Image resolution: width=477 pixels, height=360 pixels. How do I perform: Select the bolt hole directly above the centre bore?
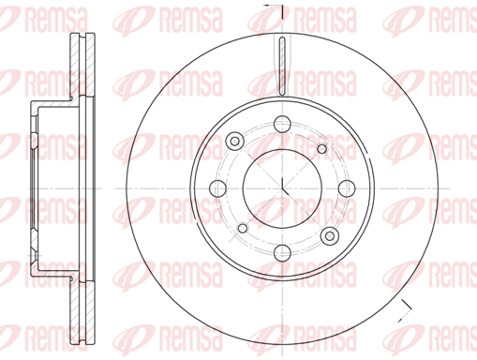point(282,124)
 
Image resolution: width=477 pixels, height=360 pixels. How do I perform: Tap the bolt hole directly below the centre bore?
point(282,252)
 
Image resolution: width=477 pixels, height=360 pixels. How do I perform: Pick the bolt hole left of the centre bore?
point(217,188)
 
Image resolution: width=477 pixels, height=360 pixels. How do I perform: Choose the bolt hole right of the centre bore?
point(347,188)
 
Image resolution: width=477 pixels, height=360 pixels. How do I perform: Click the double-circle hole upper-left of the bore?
point(234,142)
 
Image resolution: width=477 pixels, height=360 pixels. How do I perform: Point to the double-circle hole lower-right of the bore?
point(330,235)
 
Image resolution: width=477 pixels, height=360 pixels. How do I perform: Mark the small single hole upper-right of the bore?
point(321,149)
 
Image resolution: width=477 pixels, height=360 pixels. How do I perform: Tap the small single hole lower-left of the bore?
point(243,228)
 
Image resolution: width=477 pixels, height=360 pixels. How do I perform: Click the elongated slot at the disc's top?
point(282,66)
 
